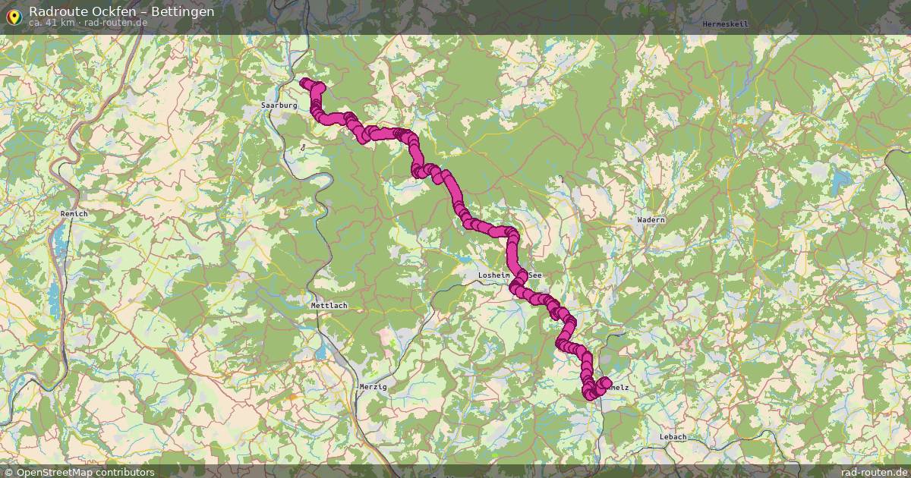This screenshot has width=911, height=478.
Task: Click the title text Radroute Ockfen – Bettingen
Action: (x=121, y=11)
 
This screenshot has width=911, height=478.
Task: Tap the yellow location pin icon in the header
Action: (x=13, y=16)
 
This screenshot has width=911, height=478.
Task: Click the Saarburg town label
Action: (x=279, y=105)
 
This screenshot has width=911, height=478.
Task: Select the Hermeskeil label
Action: (x=725, y=24)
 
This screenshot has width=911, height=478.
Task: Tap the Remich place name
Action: (x=74, y=214)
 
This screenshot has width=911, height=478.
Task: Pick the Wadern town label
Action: (x=651, y=220)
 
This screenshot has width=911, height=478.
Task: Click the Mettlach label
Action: (x=329, y=306)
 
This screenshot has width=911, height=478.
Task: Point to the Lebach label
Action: (x=673, y=437)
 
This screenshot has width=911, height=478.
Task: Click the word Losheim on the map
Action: (x=496, y=275)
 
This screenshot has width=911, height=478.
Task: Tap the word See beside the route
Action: (x=535, y=275)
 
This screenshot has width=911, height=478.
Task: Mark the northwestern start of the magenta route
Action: (x=305, y=83)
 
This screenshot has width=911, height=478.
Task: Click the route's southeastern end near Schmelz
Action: (x=605, y=382)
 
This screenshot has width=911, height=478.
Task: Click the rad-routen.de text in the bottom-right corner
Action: (x=874, y=472)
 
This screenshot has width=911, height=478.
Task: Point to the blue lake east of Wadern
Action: (x=841, y=182)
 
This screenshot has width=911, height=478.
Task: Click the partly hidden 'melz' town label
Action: (x=619, y=387)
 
